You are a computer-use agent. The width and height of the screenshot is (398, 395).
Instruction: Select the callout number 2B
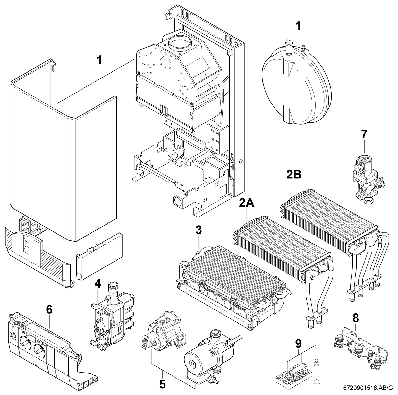294,175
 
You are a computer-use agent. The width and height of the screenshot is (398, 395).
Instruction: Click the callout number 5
162,384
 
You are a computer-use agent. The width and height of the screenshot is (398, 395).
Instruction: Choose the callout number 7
364,134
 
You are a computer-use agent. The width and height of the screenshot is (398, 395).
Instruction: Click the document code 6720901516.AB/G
371,387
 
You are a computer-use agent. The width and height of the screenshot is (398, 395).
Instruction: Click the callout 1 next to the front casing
99,60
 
